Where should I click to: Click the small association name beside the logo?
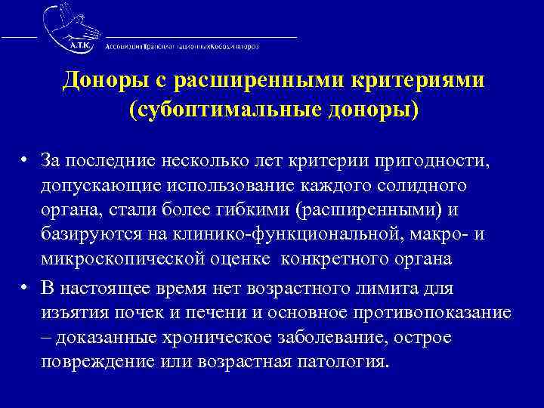[181, 45]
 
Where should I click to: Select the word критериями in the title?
[413, 80]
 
